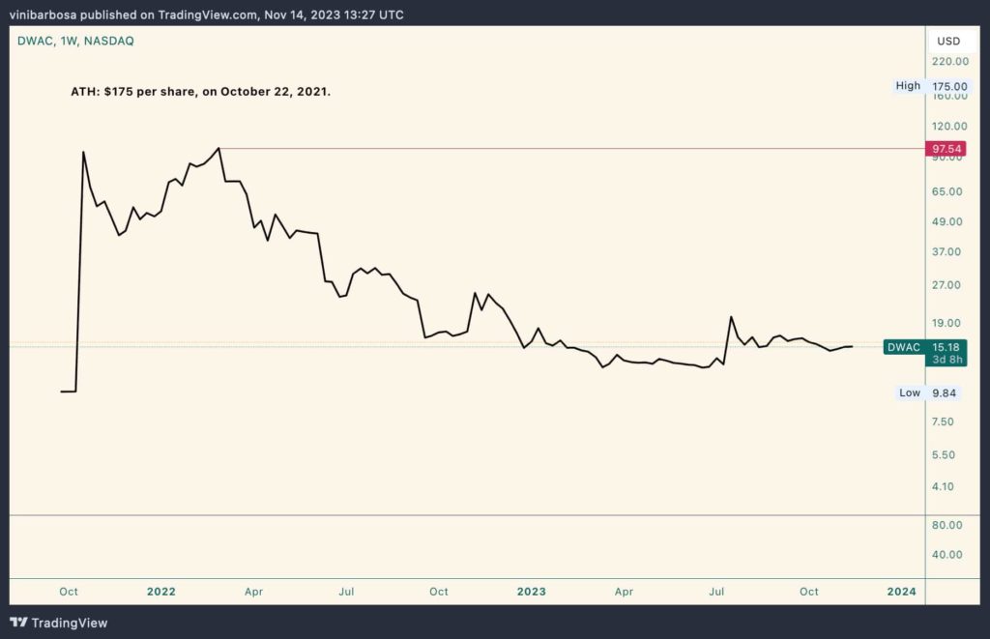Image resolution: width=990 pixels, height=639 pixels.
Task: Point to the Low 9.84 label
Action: click(x=928, y=392)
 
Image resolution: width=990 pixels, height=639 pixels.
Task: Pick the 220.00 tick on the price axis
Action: click(x=948, y=62)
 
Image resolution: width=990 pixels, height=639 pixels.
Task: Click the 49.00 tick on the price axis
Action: click(x=948, y=221)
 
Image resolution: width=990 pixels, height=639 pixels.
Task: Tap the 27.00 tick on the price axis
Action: click(x=948, y=285)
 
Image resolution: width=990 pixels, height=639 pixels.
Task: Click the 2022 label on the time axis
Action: click(x=160, y=592)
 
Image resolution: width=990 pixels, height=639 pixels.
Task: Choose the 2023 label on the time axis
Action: click(x=531, y=592)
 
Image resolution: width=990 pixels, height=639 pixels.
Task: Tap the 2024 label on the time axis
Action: click(x=902, y=592)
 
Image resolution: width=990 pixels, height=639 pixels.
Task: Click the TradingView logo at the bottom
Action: click(x=59, y=623)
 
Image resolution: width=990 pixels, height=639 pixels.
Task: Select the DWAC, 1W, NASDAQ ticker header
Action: click(x=75, y=41)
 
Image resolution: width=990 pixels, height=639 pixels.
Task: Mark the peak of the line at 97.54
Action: click(x=219, y=148)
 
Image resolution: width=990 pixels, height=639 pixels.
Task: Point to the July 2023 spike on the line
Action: click(x=731, y=317)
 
